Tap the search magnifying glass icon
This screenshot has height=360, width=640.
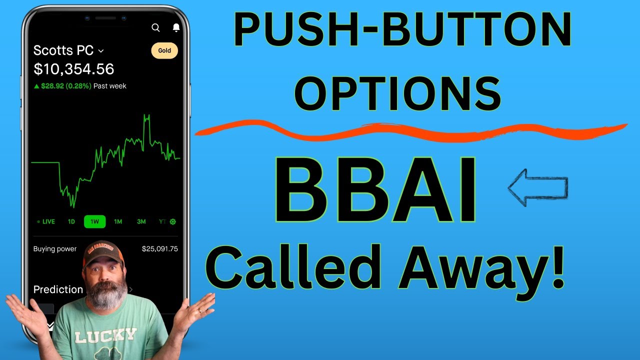tap(155, 27)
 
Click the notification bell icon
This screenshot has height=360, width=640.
tap(176, 27)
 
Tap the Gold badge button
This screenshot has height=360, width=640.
tap(164, 50)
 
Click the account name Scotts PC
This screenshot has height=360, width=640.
tap(63, 50)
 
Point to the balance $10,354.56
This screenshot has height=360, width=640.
tap(73, 69)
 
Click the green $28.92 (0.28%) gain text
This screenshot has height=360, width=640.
tap(66, 86)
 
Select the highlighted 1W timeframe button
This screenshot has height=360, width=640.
tap(94, 221)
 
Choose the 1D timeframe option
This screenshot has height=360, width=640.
tap(71, 221)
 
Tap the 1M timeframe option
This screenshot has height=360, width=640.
tap(118, 221)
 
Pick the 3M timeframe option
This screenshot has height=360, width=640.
tap(141, 221)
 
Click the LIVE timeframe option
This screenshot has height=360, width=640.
tap(48, 221)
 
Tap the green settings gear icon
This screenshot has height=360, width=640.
tap(173, 221)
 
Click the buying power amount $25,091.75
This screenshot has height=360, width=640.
tap(159, 249)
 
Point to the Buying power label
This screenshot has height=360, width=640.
tap(55, 249)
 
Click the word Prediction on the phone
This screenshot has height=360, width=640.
tap(58, 289)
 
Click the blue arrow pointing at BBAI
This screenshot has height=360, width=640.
tap(537, 187)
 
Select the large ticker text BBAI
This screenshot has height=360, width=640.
tap(375, 190)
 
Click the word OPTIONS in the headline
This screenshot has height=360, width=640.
tap(397, 93)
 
